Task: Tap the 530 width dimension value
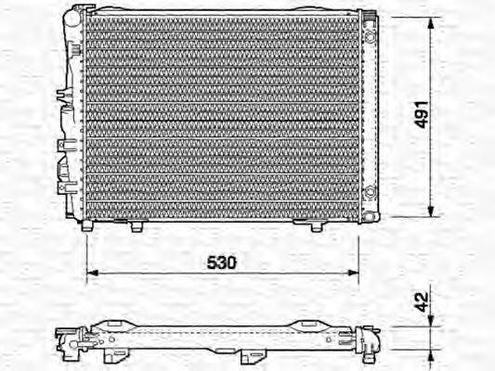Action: (220, 262)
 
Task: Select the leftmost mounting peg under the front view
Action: (86, 225)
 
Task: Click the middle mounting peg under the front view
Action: (137, 225)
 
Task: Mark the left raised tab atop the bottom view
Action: (115, 322)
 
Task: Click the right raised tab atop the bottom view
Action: (307, 322)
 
